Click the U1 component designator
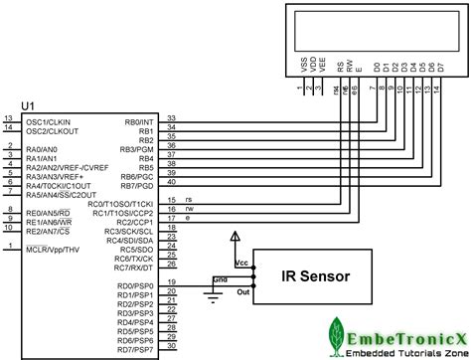28,107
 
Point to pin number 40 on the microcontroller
172,182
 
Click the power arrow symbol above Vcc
235,238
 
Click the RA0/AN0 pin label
43,148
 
